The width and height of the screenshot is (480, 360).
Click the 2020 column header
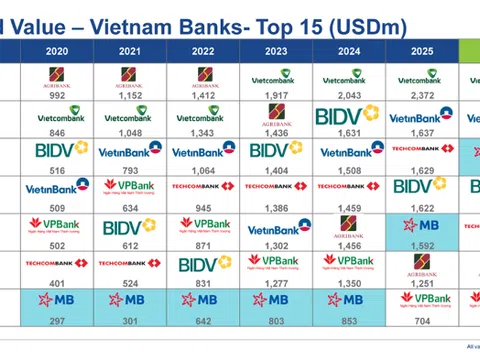pyautogui.click(x=56, y=50)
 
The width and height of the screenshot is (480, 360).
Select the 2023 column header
pyautogui.click(x=276, y=50)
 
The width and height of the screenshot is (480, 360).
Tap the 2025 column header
pyautogui.click(x=422, y=50)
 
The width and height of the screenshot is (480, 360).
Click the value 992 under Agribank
pyautogui.click(x=56, y=95)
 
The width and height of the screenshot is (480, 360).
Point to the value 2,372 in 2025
pyautogui.click(x=422, y=95)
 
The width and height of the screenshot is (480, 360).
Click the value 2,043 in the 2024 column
pyautogui.click(x=349, y=95)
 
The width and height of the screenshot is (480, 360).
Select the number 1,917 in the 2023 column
pyautogui.click(x=276, y=95)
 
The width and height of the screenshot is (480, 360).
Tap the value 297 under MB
pyautogui.click(x=56, y=320)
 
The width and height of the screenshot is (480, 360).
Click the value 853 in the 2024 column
pyautogui.click(x=349, y=320)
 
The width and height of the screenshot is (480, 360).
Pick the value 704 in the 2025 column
pyautogui.click(x=422, y=320)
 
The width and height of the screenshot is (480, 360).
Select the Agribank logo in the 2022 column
pyautogui.click(x=203, y=76)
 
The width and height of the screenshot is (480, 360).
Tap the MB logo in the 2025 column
pyautogui.click(x=422, y=225)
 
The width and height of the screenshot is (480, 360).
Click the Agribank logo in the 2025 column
pyautogui.click(x=422, y=264)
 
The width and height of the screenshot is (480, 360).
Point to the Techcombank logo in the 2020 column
pyautogui.click(x=57, y=263)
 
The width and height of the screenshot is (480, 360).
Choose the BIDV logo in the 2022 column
pyautogui.click(x=204, y=264)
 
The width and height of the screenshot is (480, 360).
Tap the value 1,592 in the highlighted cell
pyautogui.click(x=422, y=245)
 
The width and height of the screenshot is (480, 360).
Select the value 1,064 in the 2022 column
pyautogui.click(x=203, y=170)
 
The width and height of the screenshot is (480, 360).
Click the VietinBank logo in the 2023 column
pyautogui.click(x=277, y=227)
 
